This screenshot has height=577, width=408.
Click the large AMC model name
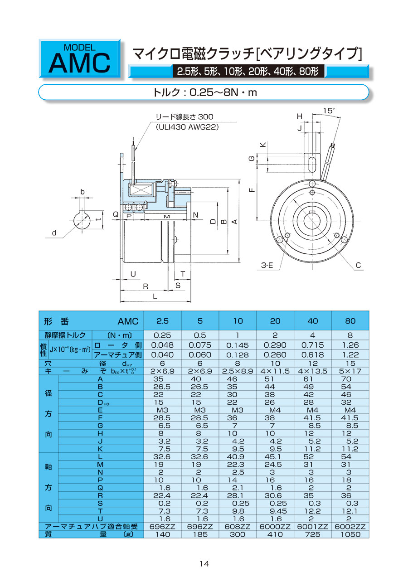pos(79,63)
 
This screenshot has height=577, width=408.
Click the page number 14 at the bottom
pos(204,563)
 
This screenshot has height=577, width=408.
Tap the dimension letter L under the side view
pos(155,296)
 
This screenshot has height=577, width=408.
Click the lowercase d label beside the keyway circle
pos(54,233)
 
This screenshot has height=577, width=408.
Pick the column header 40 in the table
pos(313,321)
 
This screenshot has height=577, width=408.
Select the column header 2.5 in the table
pos(162,321)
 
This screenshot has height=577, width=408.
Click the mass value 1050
pos(350,534)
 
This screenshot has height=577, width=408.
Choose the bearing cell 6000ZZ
pos(275,527)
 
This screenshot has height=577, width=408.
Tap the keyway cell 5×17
pos(350,371)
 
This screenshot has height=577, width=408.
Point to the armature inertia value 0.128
pos(238,355)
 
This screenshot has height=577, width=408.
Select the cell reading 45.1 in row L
pos(275,457)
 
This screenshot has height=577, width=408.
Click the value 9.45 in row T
pos(275,511)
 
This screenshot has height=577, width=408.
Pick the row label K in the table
pos(101,449)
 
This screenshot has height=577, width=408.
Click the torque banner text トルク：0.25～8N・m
pos(204,92)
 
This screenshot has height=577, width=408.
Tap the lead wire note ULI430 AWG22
pos(187,127)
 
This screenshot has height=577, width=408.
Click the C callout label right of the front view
pos(358,266)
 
